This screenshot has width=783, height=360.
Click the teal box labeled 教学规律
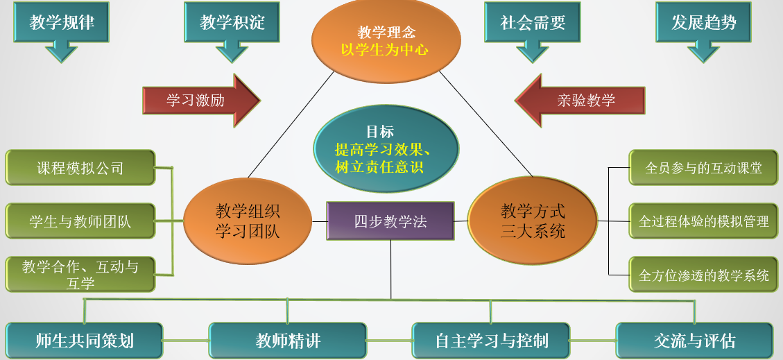[x=62, y=22]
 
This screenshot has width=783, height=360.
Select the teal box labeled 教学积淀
[x=232, y=22]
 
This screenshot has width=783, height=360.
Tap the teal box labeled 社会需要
[x=533, y=22]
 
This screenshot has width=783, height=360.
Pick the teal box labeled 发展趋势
[x=703, y=22]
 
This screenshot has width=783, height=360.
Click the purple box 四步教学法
[x=390, y=222]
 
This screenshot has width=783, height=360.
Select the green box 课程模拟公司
[x=80, y=168]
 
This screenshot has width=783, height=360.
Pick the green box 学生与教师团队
[x=80, y=222]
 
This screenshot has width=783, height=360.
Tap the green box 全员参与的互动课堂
[x=703, y=168]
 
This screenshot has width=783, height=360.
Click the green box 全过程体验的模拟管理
[x=703, y=222]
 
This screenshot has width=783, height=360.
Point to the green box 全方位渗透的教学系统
[x=703, y=275]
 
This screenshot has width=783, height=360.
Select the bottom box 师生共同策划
[x=85, y=341]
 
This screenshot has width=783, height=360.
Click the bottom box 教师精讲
[x=288, y=341]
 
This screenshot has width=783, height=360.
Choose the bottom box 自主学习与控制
[x=491, y=341]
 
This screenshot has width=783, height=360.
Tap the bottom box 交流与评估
[x=694, y=341]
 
